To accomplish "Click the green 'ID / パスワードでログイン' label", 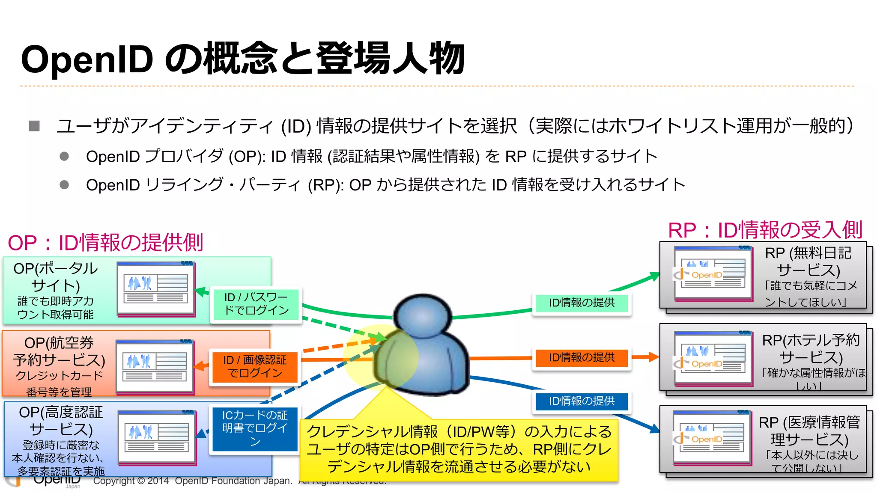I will coord(256,304).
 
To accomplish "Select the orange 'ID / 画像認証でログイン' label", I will coord(255,366).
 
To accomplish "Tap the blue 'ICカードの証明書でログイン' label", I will coord(255,428).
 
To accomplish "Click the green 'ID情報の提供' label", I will coord(582,303).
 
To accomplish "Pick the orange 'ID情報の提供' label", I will coord(582,357).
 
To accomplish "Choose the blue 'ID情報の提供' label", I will coord(582,401).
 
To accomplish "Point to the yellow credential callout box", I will coord(459,449).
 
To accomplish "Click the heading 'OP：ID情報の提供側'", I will coord(105,243).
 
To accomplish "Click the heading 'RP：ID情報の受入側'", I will coord(765,230).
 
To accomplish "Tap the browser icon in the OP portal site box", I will coord(156,289).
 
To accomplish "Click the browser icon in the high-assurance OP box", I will coord(157,438).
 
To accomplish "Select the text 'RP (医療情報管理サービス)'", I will coord(809,431).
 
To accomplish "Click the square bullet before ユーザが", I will coord(34,126).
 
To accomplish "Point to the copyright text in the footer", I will coord(193,481).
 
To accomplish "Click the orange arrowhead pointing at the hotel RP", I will coord(653,357).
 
